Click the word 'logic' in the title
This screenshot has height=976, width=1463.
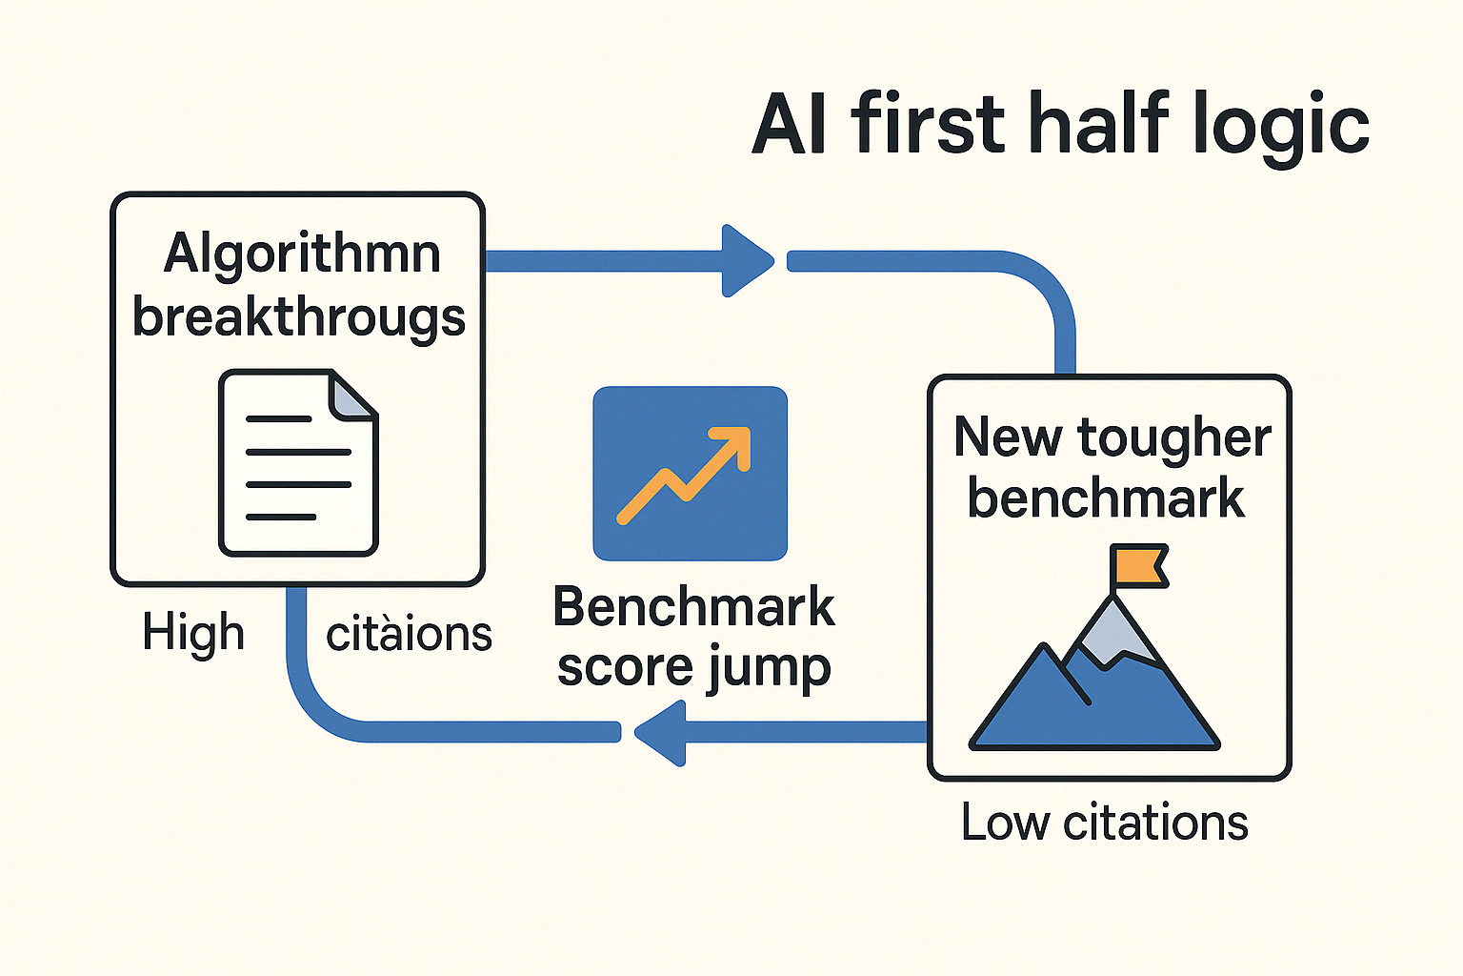click(1281, 127)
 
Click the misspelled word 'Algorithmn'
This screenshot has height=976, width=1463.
click(302, 254)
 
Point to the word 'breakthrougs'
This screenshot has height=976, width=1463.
click(299, 318)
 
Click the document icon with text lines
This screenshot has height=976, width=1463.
click(298, 463)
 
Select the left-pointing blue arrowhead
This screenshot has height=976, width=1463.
click(660, 733)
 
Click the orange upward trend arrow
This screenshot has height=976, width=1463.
click(684, 476)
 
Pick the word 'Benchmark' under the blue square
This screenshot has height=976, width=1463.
click(693, 607)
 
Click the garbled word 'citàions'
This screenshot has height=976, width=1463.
click(409, 634)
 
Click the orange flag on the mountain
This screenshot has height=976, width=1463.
click(1140, 565)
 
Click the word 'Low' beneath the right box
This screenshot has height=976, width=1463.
click(1005, 823)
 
